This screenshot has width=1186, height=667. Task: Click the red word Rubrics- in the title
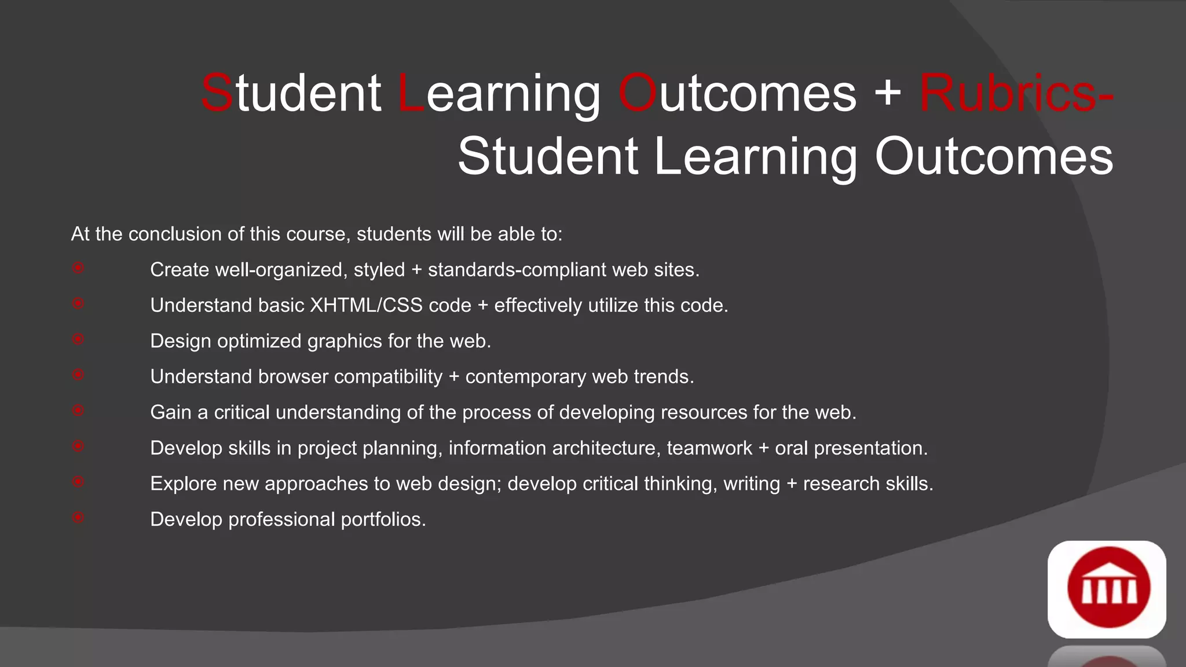1016,94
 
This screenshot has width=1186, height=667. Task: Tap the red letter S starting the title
217,94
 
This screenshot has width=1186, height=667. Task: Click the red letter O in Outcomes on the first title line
637,94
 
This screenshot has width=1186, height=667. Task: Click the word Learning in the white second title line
756,157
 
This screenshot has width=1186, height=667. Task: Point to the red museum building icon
1108,588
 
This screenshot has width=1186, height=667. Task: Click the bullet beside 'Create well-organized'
78,267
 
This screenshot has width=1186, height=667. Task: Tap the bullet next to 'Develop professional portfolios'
78,517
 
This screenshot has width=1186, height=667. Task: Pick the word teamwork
709,448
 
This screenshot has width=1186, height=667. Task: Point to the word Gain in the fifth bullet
170,413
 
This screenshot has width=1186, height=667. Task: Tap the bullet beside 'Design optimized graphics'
78,339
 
